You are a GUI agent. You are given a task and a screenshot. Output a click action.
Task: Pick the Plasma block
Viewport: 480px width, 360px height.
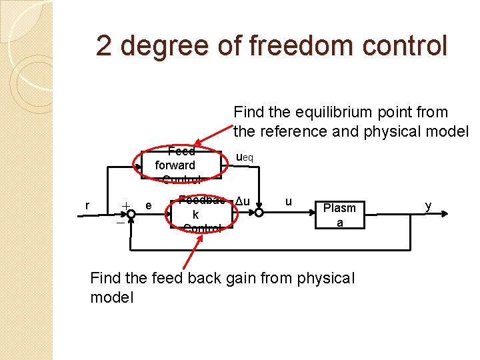point(339,215)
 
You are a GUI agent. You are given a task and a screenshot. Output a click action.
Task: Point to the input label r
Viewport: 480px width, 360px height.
point(88,205)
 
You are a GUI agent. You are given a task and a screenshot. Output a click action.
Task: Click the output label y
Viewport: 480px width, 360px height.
point(429,206)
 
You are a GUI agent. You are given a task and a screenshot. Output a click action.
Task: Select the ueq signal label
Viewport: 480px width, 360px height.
point(244,157)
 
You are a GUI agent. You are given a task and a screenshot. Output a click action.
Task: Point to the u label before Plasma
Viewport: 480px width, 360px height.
point(288,201)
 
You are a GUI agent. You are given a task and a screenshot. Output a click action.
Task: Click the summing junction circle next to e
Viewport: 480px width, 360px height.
point(131,213)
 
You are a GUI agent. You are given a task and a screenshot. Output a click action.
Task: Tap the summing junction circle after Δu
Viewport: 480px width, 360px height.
point(259,213)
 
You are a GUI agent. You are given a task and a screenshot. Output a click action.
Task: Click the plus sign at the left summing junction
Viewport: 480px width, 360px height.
point(124,205)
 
